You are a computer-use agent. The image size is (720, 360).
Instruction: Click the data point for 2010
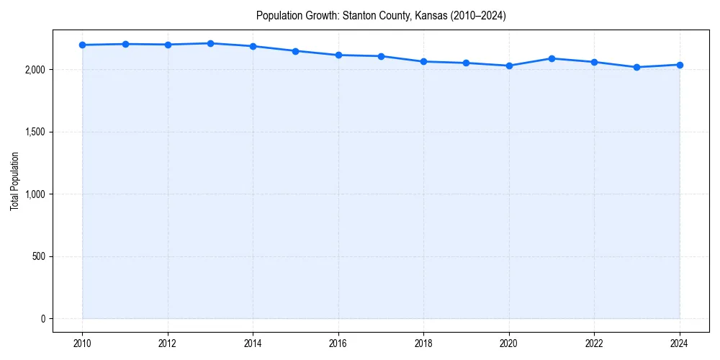(x=83, y=45)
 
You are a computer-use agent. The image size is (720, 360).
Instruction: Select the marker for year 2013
(x=210, y=43)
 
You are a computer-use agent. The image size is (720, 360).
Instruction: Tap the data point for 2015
(x=296, y=51)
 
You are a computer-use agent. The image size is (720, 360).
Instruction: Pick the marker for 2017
(x=381, y=56)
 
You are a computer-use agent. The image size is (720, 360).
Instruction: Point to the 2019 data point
(x=467, y=63)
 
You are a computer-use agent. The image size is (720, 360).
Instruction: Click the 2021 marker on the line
(x=552, y=58)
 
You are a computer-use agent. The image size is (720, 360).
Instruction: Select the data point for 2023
(x=636, y=67)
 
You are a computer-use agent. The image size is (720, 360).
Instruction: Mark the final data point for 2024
(x=680, y=65)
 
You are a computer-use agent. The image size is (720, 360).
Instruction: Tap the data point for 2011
(x=125, y=44)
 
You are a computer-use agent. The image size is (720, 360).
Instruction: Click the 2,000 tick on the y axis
(x=35, y=70)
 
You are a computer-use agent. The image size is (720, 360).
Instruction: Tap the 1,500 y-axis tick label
(x=35, y=132)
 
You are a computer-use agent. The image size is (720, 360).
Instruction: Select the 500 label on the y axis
(x=37, y=256)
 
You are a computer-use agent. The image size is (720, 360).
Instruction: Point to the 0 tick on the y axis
(x=42, y=319)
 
